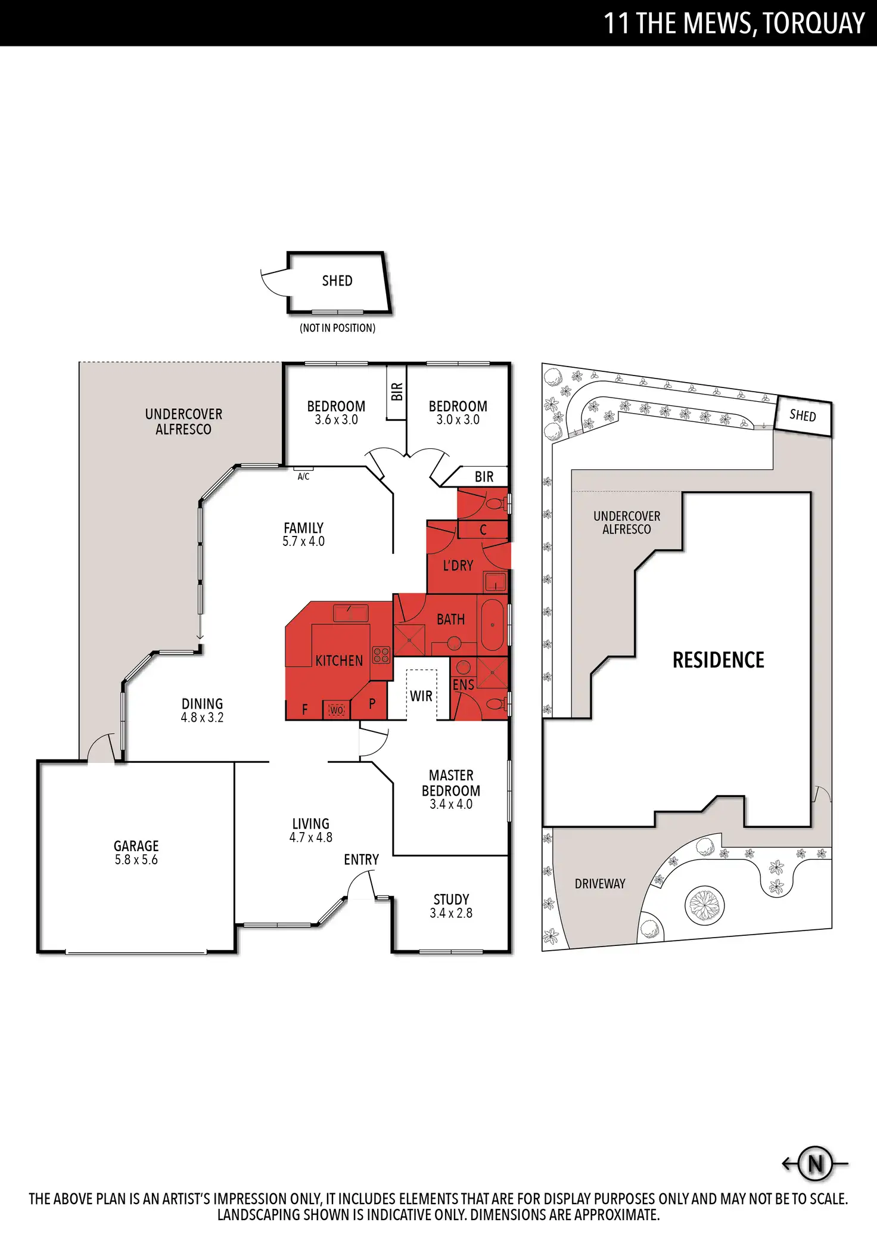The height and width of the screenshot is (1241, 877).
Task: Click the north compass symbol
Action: coord(815,1163)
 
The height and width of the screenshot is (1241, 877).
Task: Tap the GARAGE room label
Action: coord(136,846)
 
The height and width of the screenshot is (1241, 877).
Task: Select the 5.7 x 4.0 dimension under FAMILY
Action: coord(303,541)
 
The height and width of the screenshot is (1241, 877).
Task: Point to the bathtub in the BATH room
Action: coord(492,625)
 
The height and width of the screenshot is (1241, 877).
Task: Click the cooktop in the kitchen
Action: coord(381,655)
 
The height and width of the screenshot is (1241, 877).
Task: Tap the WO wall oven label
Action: coord(337,710)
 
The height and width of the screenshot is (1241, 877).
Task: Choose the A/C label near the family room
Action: coord(303,476)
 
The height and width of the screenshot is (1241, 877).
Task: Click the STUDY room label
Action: coord(451,899)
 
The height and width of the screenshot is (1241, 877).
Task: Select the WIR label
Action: coord(421,696)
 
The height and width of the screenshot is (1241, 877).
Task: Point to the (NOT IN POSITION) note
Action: coord(337,328)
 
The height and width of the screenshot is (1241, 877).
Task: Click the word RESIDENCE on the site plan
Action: coord(718,660)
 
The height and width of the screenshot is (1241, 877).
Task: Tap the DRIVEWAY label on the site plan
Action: coord(600,883)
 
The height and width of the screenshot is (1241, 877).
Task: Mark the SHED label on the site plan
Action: coord(803,415)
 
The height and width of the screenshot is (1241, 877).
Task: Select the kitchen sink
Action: coord(350,612)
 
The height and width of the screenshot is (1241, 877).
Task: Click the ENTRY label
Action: coord(361,860)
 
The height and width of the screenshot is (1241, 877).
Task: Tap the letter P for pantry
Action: coord(372,704)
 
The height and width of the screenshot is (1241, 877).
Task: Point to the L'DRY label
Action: coord(458,565)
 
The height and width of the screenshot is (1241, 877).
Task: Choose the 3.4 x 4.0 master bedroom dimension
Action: coord(451,804)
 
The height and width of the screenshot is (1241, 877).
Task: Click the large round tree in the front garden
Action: coord(705,905)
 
